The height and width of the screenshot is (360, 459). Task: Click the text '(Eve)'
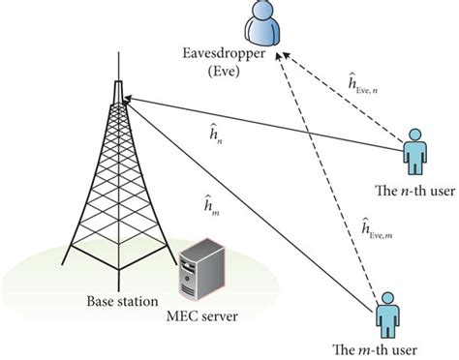(x=232, y=72)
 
